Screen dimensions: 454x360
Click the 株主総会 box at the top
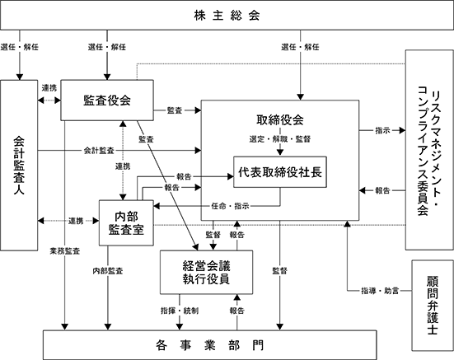227,15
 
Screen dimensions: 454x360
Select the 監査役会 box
107,101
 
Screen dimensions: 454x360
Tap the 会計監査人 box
19,165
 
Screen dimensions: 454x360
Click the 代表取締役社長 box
280,172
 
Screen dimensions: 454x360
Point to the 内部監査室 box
126,222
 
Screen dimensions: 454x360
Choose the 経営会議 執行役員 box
207,273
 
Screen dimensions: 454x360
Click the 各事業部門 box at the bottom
210,345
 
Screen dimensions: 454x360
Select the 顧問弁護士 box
433,306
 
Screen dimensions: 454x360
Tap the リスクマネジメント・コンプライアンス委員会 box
429,150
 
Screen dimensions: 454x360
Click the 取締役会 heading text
280,119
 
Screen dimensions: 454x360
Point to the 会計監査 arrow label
99,151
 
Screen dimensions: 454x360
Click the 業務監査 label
65,251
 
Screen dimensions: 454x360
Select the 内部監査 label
108,271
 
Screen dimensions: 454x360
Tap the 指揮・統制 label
180,311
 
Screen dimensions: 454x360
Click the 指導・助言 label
380,291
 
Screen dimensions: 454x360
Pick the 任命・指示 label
230,206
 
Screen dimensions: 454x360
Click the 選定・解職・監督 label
280,139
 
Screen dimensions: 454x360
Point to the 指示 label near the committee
383,130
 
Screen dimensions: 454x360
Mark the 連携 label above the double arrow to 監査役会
49,88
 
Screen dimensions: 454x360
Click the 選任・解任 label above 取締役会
300,47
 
